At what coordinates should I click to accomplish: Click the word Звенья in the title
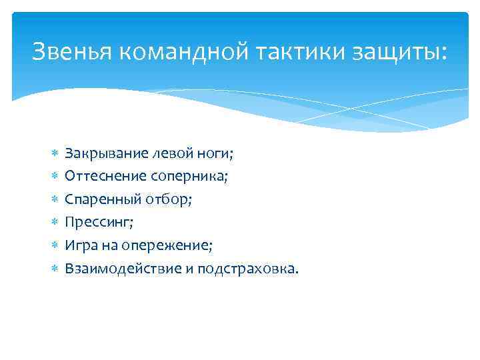click(73, 51)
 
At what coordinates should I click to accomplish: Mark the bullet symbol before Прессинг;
click(54, 223)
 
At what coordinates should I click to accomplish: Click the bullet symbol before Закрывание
click(54, 154)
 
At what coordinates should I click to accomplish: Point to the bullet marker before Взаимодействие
click(54, 269)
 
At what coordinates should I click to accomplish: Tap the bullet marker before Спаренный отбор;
click(54, 200)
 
